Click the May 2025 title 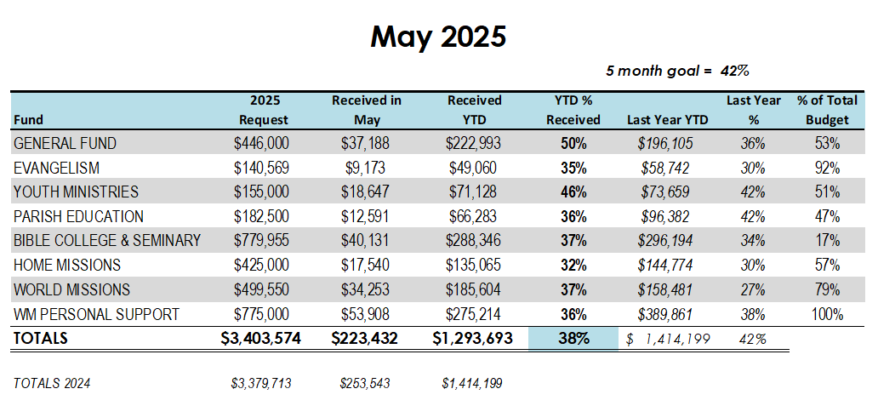point(438,37)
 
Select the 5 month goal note point(676,71)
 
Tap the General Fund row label point(65,144)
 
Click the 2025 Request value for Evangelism point(261,169)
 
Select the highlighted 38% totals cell point(573,339)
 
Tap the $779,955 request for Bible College point(261,241)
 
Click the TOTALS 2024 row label point(52,384)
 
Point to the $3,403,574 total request point(261,339)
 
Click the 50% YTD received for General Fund point(573,144)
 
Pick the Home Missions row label point(66,266)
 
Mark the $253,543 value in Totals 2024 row point(365,384)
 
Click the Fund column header point(28,120)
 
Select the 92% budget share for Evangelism point(826,169)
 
